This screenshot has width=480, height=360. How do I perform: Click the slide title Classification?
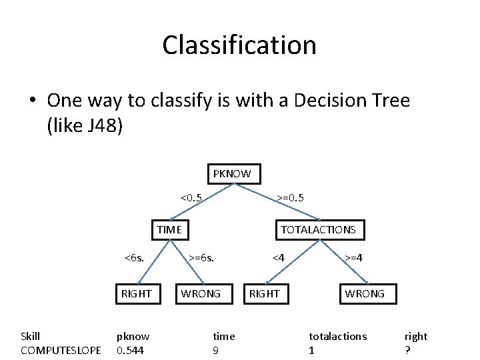point(239,45)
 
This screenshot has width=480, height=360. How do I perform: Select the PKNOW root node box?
point(232,174)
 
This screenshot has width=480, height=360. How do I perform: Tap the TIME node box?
point(169,230)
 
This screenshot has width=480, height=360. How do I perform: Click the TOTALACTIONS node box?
point(319,230)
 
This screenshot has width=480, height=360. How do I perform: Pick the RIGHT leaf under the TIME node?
point(136,294)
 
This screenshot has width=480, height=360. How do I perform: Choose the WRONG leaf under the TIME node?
point(201,294)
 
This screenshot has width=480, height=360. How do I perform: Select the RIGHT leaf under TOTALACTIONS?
point(265,294)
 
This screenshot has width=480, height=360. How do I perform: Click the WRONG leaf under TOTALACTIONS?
point(365,294)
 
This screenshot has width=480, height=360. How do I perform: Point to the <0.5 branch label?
point(191,198)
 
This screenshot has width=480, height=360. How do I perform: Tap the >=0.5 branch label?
point(291,198)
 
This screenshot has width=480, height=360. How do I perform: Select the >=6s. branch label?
point(201,257)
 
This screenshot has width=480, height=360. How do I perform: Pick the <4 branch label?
point(278,257)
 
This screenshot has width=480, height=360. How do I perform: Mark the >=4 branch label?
point(353,257)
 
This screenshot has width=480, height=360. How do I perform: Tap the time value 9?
point(215,350)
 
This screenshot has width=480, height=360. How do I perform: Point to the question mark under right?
point(407,350)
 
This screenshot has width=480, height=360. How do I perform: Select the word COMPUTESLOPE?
point(61,350)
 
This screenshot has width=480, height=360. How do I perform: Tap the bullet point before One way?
point(31,101)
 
